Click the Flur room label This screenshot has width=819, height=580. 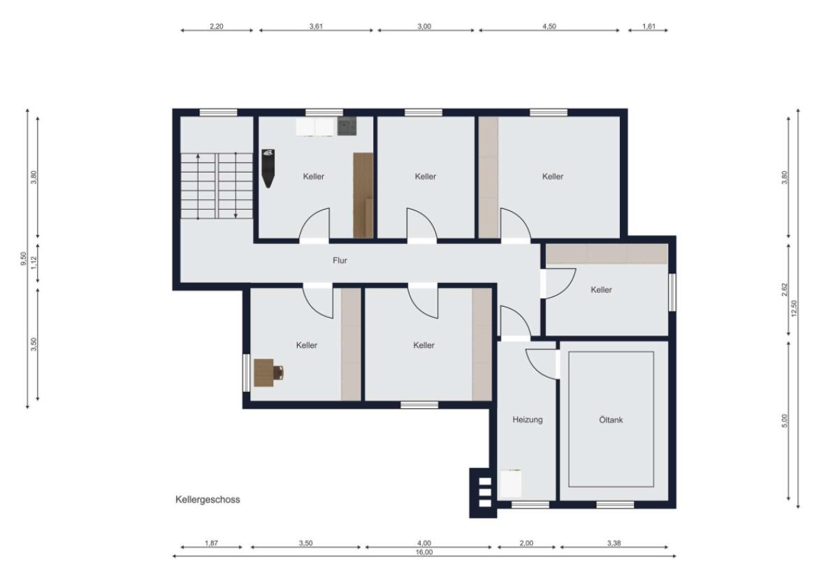click(340, 260)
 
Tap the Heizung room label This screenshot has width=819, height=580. click(528, 420)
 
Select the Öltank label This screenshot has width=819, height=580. click(611, 420)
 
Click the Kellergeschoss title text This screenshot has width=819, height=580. click(208, 500)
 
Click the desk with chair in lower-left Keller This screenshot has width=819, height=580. click(268, 372)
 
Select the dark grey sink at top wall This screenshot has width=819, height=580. click(347, 126)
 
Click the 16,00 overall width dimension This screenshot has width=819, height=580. click(424, 551)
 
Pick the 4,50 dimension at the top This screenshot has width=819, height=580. click(549, 26)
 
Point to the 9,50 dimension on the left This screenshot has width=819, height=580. click(23, 259)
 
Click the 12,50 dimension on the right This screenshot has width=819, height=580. click(794, 307)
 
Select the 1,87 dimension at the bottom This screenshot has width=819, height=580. click(212, 542)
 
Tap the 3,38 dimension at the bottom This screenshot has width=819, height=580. click(614, 542)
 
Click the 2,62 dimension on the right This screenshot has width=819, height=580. click(784, 290)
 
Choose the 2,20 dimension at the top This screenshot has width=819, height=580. click(217, 26)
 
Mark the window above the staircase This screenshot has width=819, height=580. click(218, 112)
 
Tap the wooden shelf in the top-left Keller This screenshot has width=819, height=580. click(363, 196)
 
